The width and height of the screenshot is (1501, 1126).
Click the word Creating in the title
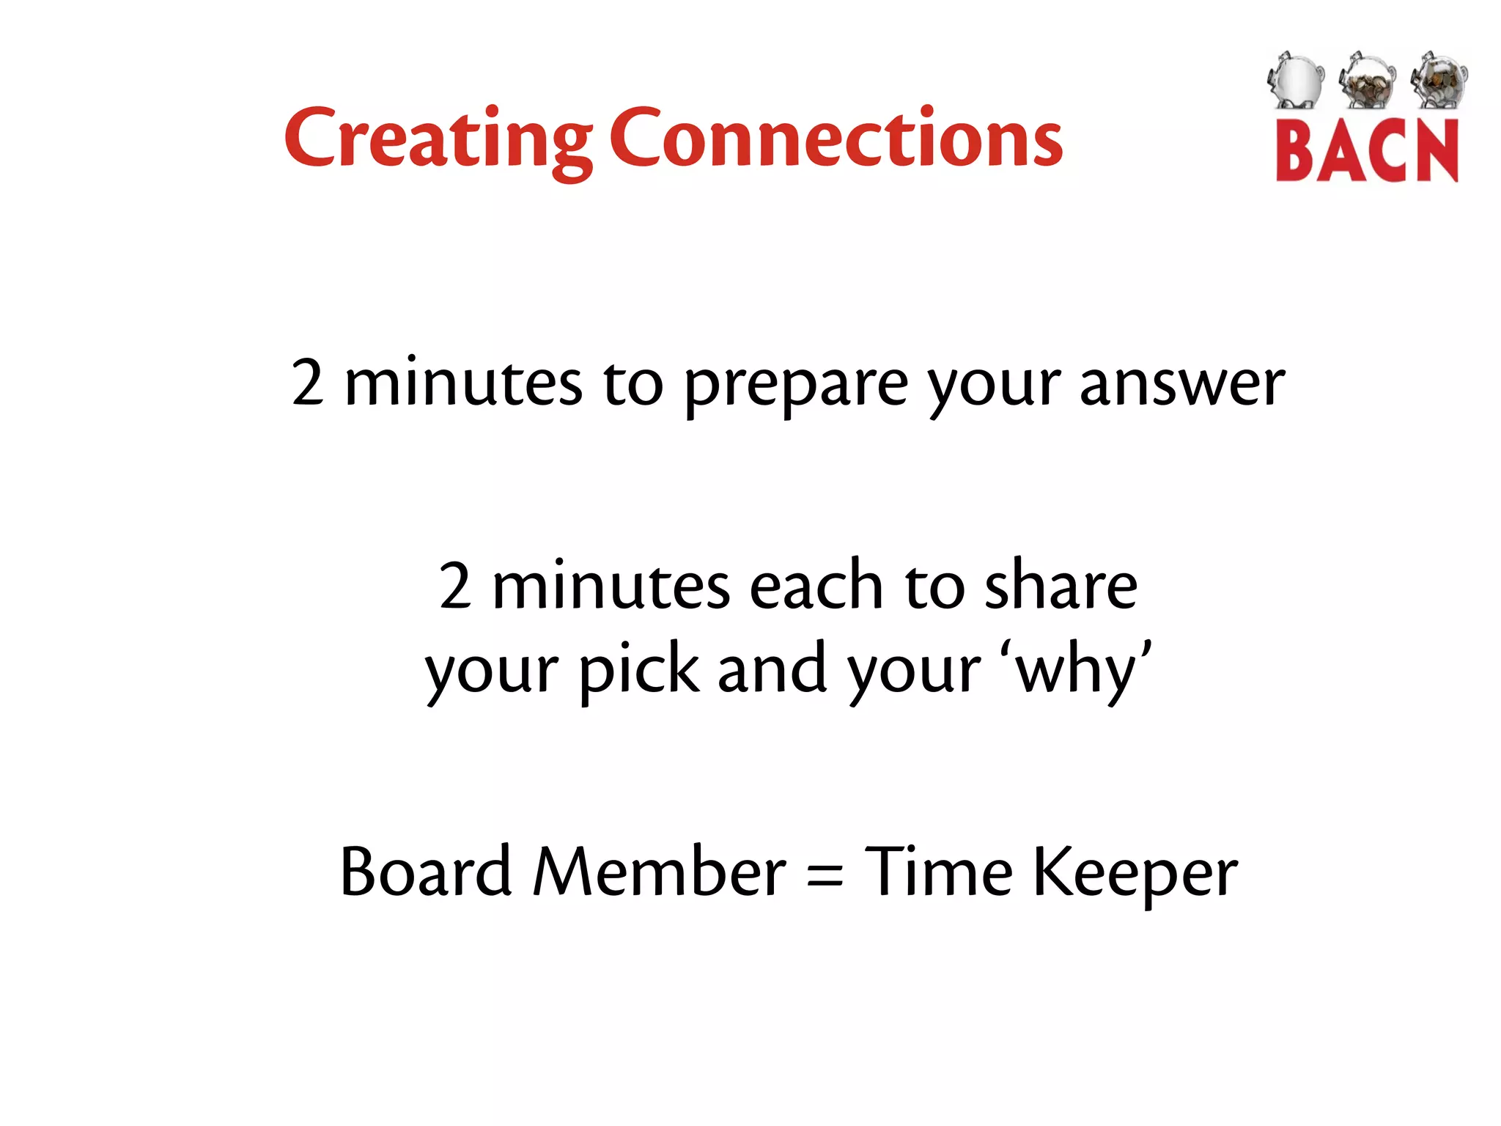point(438,139)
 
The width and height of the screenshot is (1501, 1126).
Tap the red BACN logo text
point(1366,151)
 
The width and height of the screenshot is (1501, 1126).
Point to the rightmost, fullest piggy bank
point(1438,79)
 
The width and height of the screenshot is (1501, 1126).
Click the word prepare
point(796,386)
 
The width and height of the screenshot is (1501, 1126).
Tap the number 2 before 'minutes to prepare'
point(307,381)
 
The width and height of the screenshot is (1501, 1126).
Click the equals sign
point(825,875)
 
